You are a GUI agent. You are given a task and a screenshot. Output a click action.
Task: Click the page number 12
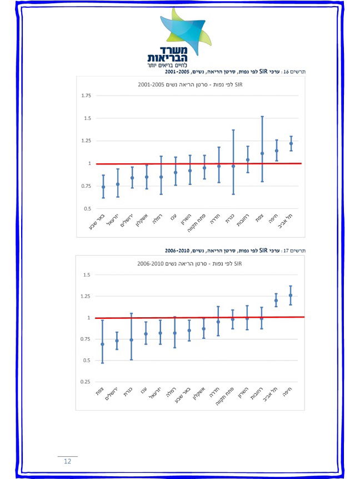[x=67, y=461]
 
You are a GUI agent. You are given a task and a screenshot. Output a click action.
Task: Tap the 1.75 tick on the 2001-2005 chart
[x=86, y=96]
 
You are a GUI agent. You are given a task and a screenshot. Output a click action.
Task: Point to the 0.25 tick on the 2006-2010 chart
[x=86, y=382]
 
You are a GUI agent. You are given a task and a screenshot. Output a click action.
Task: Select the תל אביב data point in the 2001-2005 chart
[x=291, y=143]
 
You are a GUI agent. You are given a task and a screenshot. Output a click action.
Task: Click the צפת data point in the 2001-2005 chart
[x=262, y=153]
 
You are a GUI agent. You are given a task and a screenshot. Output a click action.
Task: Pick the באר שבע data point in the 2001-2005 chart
[x=103, y=187]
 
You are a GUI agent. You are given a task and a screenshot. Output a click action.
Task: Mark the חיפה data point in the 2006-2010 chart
[x=291, y=296]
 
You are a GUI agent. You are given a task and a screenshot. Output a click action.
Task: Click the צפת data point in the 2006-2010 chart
[x=102, y=344]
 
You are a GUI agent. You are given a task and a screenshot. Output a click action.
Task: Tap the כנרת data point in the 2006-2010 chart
[x=131, y=340]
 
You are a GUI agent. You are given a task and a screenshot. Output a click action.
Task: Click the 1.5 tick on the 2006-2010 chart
[x=87, y=275]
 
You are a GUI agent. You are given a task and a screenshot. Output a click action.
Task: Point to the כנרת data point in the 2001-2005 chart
[x=233, y=166]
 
